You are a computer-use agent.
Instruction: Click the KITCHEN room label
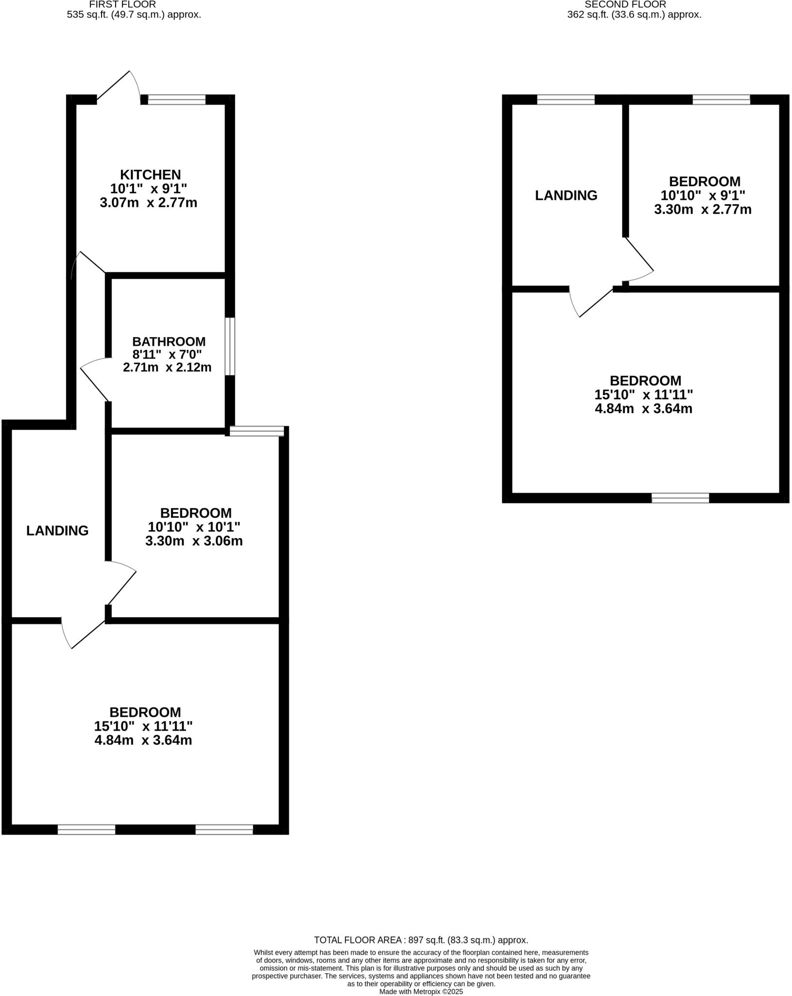[150, 175]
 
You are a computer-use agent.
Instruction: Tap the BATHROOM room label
[169, 341]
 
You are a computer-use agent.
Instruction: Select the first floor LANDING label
[57, 531]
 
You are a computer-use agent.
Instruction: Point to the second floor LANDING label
[566, 196]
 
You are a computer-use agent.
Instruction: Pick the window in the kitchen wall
[176, 100]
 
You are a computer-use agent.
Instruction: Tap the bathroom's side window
[230, 346]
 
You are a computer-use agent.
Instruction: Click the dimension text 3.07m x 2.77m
[148, 203]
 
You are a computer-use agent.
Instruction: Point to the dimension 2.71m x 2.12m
[167, 368]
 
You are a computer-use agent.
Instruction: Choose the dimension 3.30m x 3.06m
[194, 541]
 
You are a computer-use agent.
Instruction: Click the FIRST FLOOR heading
[122, 4]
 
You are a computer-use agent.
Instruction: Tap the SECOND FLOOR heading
[625, 4]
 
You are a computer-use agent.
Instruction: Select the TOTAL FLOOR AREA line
[421, 940]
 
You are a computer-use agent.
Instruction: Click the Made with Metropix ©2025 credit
[421, 992]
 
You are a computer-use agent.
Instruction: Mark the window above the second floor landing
[566, 100]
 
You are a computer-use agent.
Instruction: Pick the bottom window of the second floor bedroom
[680, 498]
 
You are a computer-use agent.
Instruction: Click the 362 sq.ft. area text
[634, 15]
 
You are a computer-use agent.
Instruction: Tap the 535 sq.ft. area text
[134, 15]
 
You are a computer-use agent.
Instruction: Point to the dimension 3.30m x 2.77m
[703, 210]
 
